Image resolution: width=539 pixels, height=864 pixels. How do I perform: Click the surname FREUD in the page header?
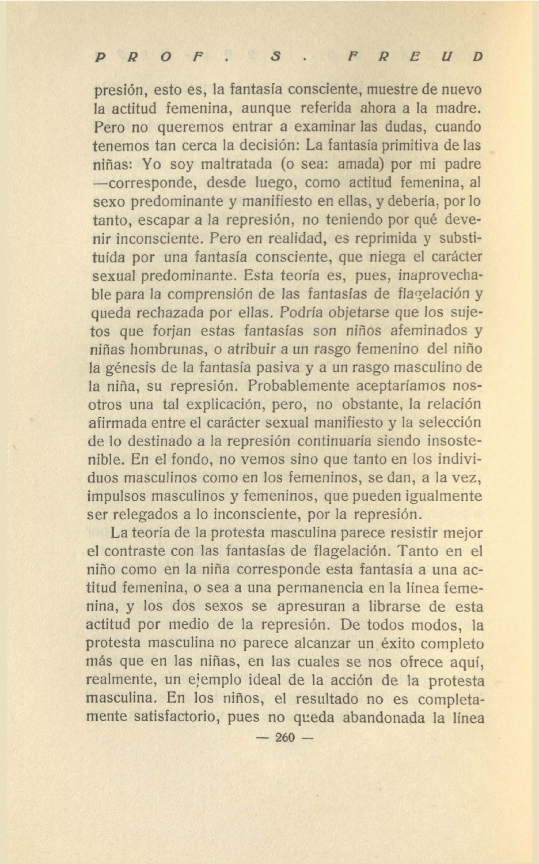[x=415, y=56]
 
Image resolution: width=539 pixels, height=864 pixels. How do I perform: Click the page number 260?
[x=285, y=737]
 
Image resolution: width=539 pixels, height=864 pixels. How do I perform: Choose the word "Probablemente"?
[x=306, y=386]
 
